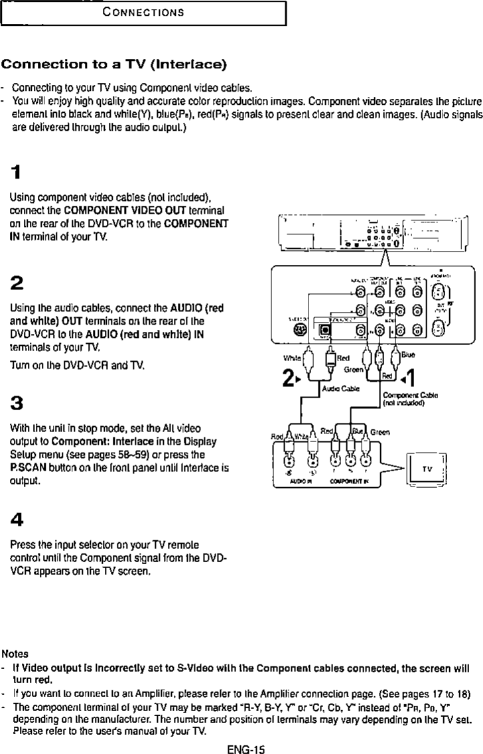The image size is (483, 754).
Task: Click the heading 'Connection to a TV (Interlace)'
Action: pyautogui.click(x=114, y=65)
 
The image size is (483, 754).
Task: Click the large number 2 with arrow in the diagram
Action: pyautogui.click(x=289, y=380)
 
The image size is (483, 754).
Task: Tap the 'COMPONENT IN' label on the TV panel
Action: pyautogui.click(x=352, y=485)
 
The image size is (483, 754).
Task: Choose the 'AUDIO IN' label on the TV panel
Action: pyautogui.click(x=303, y=485)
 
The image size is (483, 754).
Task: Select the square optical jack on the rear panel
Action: pyautogui.click(x=326, y=328)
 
